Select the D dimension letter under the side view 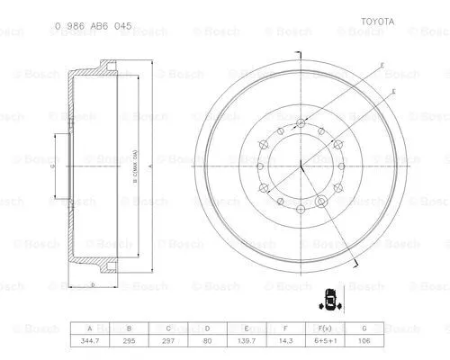point(93,284)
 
